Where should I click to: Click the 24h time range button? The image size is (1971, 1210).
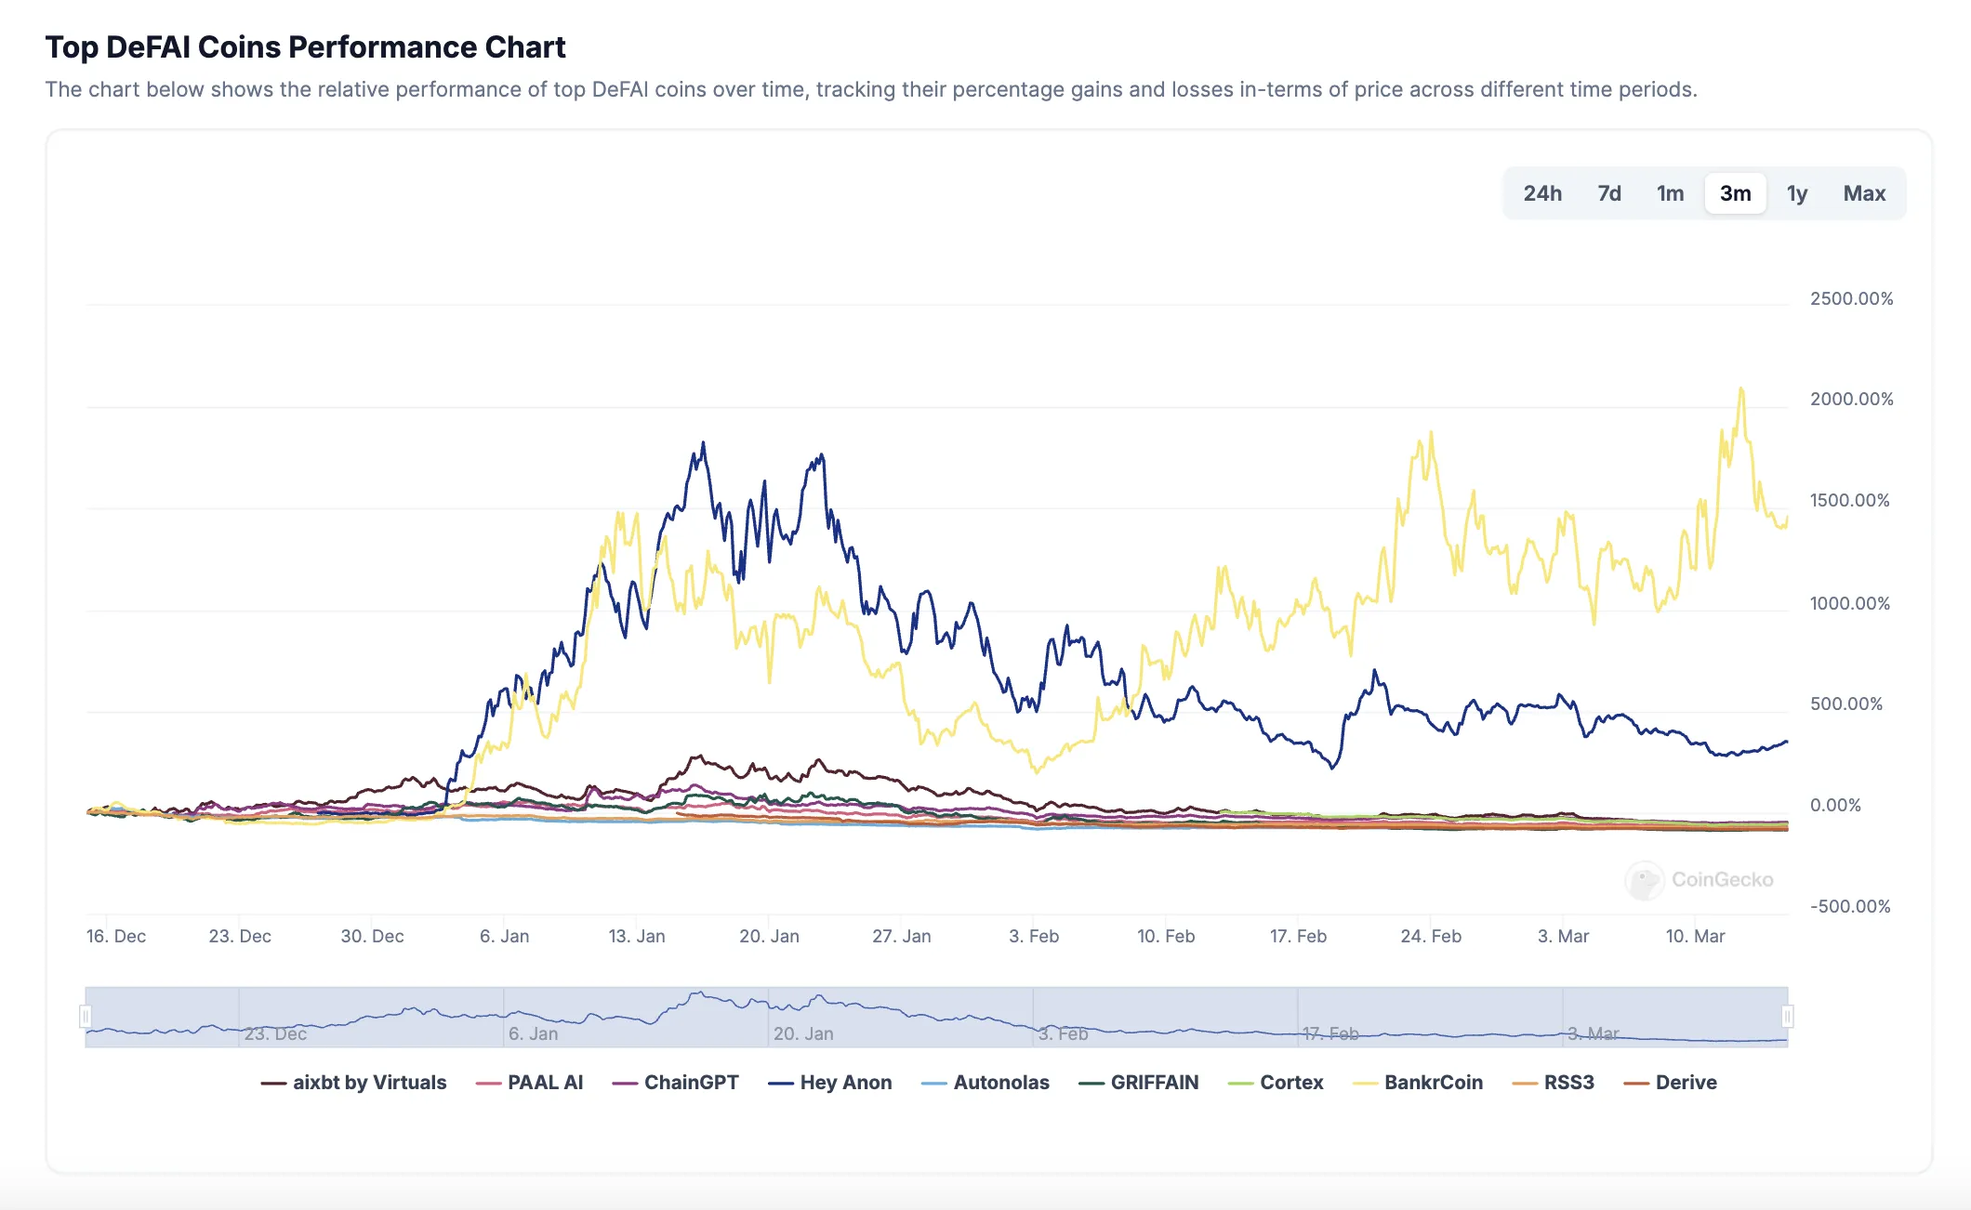1542,193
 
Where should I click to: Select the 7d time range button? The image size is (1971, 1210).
1609,193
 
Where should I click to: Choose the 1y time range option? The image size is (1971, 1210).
1796,193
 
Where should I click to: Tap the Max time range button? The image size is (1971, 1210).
1864,193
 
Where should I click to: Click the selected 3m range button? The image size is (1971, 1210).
1735,193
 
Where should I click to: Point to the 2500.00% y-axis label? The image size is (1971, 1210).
1851,299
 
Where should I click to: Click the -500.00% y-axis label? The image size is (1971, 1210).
1850,906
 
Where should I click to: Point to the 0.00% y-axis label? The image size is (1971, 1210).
1835,805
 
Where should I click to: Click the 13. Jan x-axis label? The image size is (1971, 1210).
637,936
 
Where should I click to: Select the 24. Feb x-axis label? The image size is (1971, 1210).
1431,936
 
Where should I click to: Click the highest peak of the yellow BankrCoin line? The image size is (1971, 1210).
1741,388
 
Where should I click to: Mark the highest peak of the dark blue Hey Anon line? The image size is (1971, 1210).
703,443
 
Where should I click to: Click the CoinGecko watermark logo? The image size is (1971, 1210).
1645,879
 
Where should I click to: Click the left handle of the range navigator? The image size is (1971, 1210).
86,1017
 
